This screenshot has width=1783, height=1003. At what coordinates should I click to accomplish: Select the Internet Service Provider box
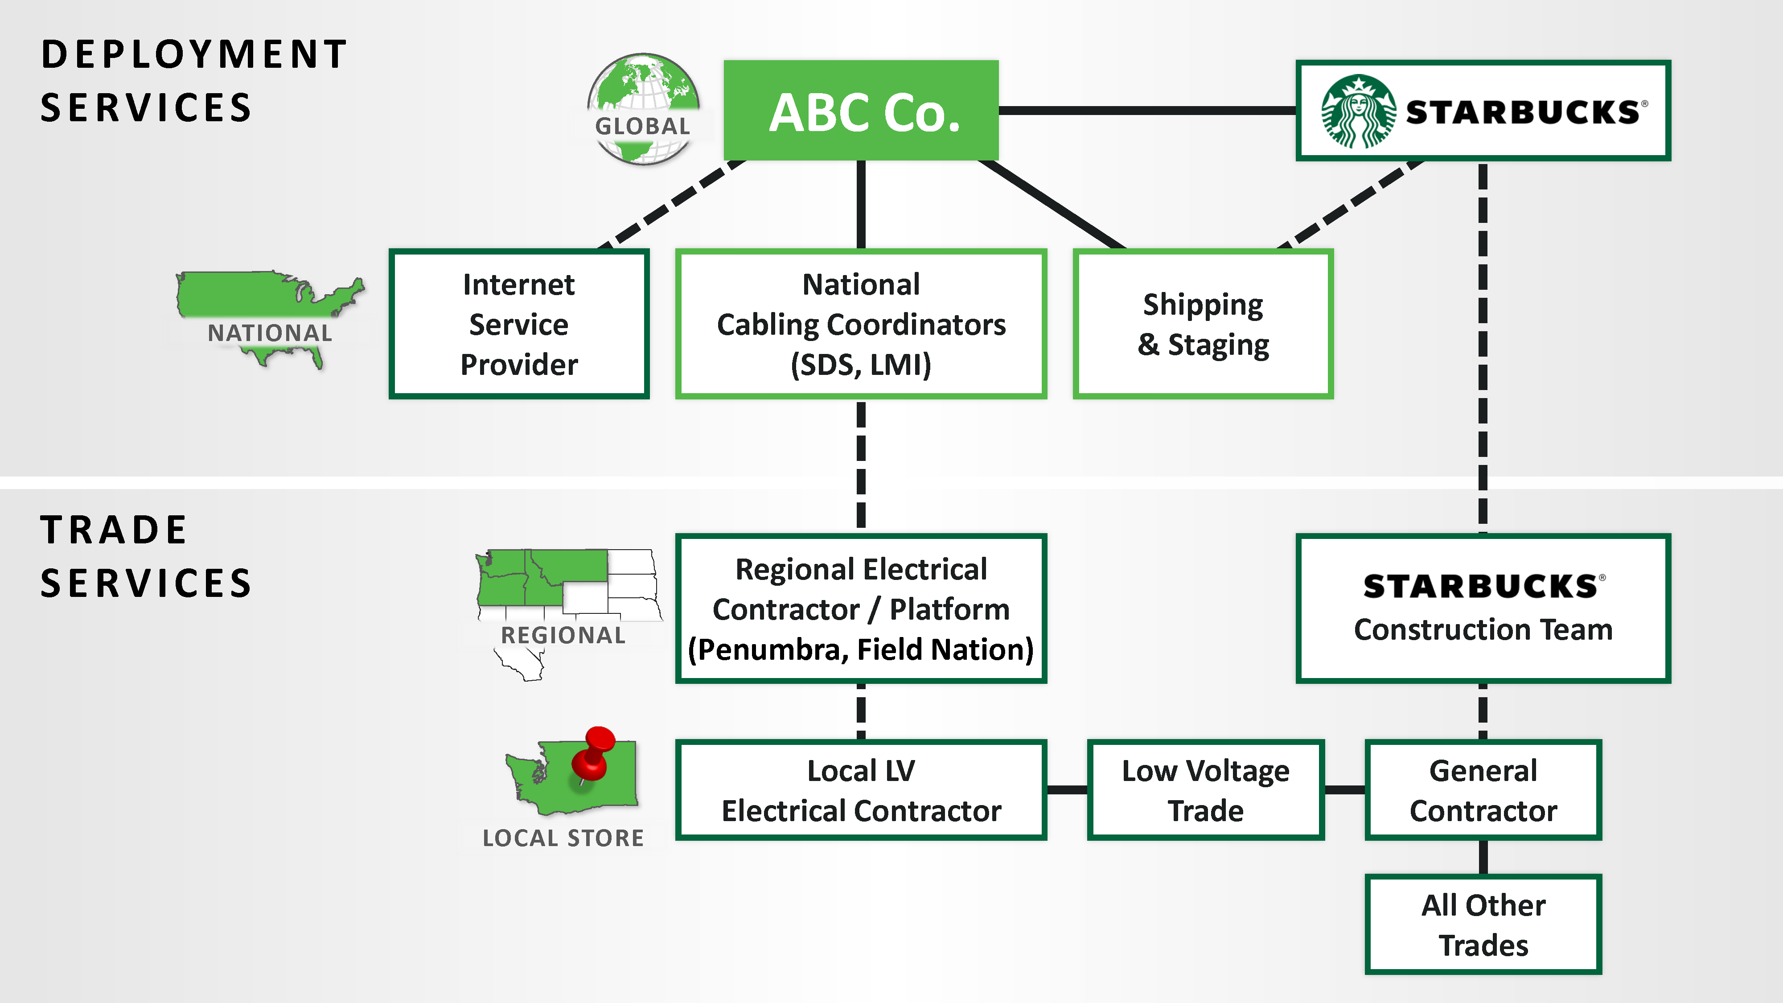[x=518, y=324]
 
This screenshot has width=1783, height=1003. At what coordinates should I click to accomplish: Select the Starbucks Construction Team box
[x=1483, y=608]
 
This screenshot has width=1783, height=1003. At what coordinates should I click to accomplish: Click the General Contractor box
[x=1483, y=790]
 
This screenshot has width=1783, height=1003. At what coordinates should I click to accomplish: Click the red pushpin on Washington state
[x=594, y=751]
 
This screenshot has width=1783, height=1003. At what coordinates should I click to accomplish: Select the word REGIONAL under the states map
[x=563, y=635]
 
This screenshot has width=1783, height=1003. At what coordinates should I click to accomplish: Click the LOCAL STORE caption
[x=563, y=838]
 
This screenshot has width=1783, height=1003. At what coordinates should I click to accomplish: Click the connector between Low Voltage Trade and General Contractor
[x=1344, y=790]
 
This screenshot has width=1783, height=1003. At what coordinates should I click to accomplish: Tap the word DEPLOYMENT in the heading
[x=194, y=54]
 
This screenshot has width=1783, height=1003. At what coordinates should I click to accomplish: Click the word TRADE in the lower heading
[x=114, y=530]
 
